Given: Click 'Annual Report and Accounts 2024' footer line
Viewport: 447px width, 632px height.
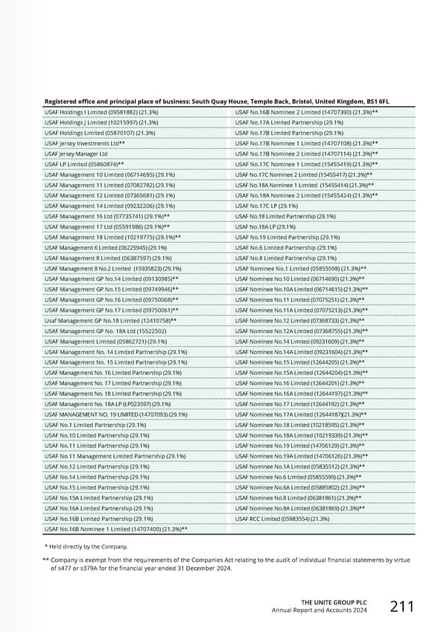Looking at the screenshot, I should [320, 610].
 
